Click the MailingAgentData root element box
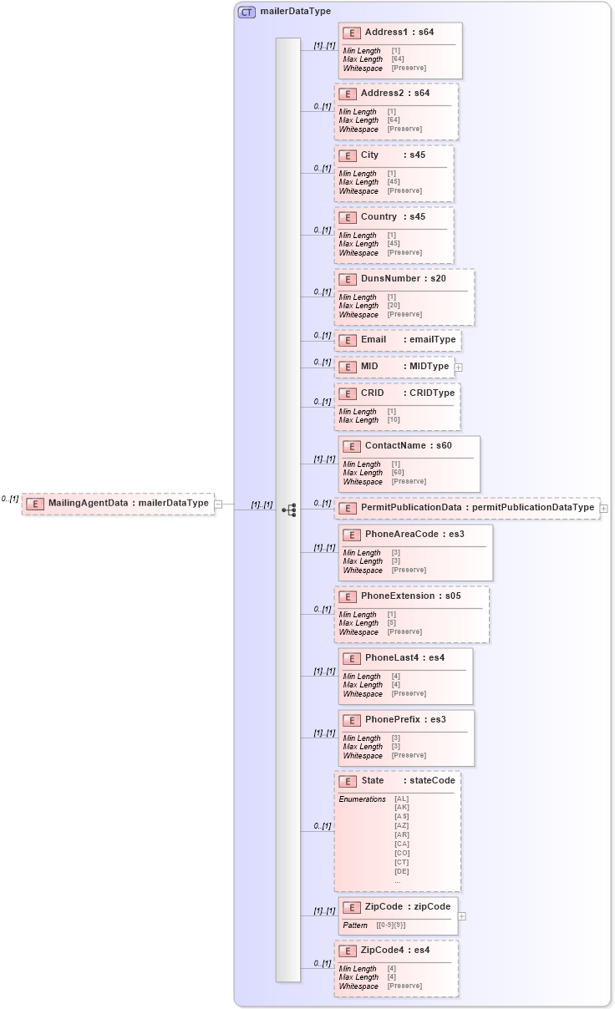[118, 504]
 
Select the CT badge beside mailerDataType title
[247, 12]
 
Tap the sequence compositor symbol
[289, 510]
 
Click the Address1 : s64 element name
[399, 33]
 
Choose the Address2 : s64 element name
[394, 94]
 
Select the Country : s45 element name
[393, 217]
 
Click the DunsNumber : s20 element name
[403, 278]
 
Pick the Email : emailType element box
[398, 341]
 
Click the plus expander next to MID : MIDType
[458, 367]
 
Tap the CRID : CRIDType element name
[395, 393]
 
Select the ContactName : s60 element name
[408, 446]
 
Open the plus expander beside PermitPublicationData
[603, 508]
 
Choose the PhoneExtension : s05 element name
[410, 596]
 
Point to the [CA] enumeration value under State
[402, 844]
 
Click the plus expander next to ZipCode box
[462, 916]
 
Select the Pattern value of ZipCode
[392, 925]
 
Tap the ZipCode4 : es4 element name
[395, 951]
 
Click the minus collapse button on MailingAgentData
[218, 504]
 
